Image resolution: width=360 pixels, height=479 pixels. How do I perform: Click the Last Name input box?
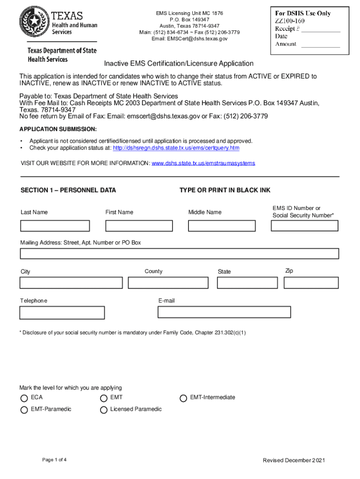pos(55,226)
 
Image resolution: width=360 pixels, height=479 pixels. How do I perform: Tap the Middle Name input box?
pos(222,226)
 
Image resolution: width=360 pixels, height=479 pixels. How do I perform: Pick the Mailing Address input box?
pos(179,254)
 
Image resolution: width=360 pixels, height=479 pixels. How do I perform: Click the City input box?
pos(71,283)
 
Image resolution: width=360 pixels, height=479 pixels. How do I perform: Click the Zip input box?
pos(311,283)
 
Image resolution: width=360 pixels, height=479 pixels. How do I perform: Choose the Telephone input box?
pos(62,312)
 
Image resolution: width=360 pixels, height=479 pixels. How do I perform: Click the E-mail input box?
pos(224,312)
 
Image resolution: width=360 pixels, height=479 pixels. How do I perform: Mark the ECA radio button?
pos(24,399)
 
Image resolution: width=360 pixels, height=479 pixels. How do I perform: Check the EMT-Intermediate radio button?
pos(183,399)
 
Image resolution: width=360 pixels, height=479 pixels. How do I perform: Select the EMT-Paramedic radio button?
pos(24,410)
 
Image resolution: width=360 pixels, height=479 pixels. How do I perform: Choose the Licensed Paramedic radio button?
pos(103,410)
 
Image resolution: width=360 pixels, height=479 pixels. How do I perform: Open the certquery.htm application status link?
pos(176,148)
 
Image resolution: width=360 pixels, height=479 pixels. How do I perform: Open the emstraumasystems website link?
pos(203,163)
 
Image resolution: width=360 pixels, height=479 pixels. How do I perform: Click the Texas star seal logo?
pos(34,22)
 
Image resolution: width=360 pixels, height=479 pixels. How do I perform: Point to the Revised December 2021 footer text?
pos(294,460)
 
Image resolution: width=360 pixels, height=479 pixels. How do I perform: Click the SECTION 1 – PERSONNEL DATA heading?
pos(68,190)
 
